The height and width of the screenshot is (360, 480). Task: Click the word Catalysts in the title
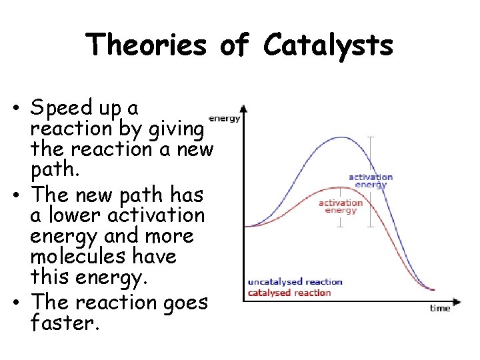click(328, 46)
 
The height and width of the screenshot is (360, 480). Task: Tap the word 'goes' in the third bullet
click(181, 302)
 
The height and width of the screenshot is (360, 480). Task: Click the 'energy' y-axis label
click(225, 118)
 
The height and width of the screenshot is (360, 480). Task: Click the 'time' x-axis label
click(440, 308)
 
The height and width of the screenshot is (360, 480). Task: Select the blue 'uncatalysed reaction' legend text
click(294, 282)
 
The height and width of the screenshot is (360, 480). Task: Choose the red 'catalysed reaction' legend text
click(289, 293)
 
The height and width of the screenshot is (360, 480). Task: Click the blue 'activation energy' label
click(371, 181)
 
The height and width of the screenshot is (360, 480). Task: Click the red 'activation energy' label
click(341, 206)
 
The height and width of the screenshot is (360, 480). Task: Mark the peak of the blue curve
click(342, 137)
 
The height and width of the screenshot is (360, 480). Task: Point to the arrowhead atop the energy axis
click(244, 107)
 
